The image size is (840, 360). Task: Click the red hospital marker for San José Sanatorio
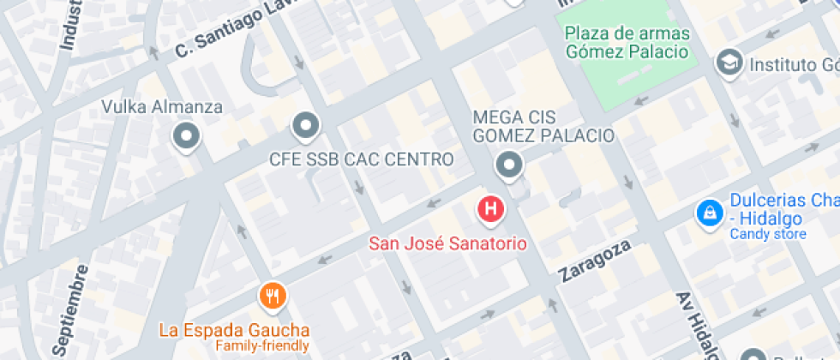[x=490, y=208]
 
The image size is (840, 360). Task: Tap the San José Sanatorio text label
[x=447, y=243]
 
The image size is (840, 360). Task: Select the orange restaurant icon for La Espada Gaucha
[x=272, y=297]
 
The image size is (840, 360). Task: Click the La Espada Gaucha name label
[x=234, y=330]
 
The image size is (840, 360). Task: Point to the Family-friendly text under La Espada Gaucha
[x=261, y=346]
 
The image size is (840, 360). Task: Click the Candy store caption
[x=767, y=234]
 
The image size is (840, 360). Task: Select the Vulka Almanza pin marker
[x=185, y=135]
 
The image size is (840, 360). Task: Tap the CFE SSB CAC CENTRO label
[x=361, y=159]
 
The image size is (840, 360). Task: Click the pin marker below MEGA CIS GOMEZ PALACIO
[x=510, y=164]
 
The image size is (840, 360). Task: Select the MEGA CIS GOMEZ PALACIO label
[x=543, y=126]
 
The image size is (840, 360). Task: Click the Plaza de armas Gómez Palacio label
[x=627, y=42]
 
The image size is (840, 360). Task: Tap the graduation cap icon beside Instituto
[x=729, y=63]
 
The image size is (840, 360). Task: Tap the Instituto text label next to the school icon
[x=793, y=64]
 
